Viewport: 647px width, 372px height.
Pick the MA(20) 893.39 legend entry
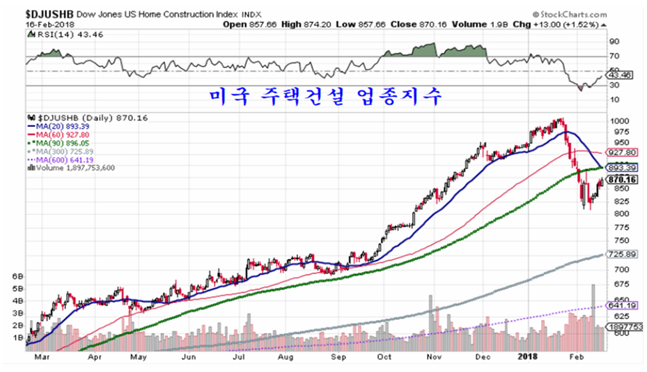tap(61, 125)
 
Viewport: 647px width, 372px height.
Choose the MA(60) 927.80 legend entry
tap(61, 134)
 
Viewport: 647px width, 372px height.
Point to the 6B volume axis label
tap(18, 276)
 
